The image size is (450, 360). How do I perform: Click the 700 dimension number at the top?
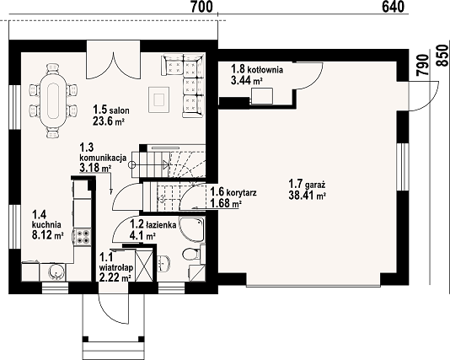pos(202,7)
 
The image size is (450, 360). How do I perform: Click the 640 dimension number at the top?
pos(394,7)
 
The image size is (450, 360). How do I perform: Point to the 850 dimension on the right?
pos(443,56)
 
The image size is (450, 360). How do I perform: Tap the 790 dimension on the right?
pos(424,65)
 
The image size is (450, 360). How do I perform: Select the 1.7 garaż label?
pos(307,183)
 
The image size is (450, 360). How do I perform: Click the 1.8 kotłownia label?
pos(257,69)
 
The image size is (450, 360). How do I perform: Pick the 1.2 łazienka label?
pos(153,224)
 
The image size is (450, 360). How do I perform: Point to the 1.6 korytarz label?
pos(233,191)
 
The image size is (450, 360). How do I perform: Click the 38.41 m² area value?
pos(307,196)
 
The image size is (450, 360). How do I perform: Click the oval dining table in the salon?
pos(54,101)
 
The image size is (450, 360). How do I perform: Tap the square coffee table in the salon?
pos(158,99)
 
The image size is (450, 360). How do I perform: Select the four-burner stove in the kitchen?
pos(83,237)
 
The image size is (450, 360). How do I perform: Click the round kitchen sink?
pos(56,271)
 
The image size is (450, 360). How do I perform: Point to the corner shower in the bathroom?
pos(192,229)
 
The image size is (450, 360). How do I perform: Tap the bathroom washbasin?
pos(163,263)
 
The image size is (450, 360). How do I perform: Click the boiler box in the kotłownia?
pos(262,96)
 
